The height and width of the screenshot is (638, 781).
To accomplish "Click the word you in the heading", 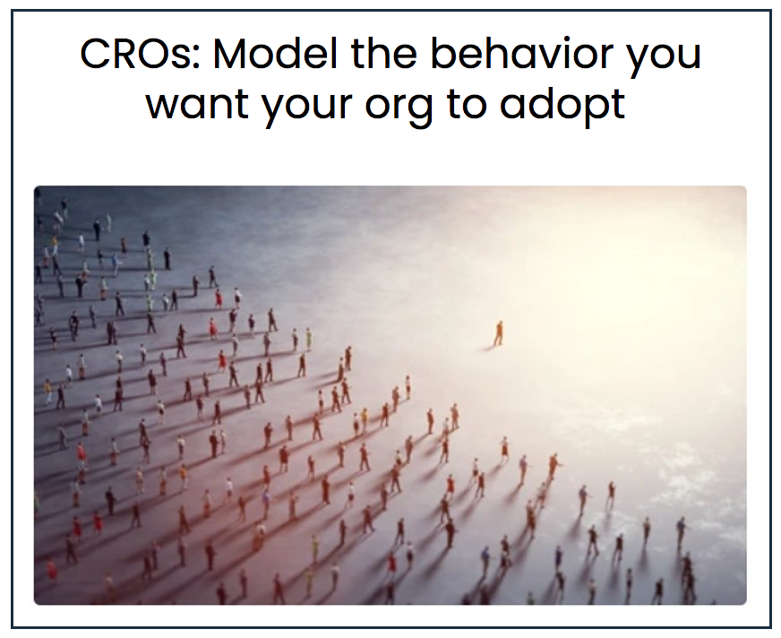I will (x=663, y=56).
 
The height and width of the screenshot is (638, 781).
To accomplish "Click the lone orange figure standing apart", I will (x=499, y=333).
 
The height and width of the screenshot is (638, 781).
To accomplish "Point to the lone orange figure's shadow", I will (x=489, y=347).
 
